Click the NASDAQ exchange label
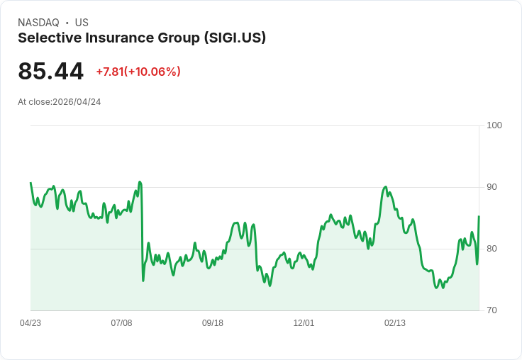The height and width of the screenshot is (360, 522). (x=38, y=23)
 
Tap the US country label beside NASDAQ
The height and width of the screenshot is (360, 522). (x=82, y=23)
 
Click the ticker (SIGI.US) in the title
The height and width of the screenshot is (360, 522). (x=235, y=38)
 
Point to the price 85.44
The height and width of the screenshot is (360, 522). (x=50, y=71)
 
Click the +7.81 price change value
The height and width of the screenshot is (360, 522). (x=110, y=72)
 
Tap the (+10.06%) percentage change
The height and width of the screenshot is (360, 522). (x=152, y=72)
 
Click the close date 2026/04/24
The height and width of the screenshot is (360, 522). (x=77, y=102)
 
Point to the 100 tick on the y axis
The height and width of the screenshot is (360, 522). (x=494, y=125)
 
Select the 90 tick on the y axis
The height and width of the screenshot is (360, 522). (x=492, y=187)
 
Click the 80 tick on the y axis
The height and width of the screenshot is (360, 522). (x=492, y=249)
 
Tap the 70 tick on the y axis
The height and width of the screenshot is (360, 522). (x=492, y=310)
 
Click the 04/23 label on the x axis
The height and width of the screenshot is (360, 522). (x=30, y=323)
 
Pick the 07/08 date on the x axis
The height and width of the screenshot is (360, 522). (x=121, y=323)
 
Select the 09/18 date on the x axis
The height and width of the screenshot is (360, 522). (x=213, y=323)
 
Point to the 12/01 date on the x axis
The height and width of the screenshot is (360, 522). (x=304, y=323)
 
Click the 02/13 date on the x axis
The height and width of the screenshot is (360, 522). (x=395, y=323)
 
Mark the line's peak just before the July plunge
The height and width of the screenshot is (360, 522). (x=140, y=182)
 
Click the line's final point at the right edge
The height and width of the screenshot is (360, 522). (x=479, y=217)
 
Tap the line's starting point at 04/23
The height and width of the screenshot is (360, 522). (x=30, y=183)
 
